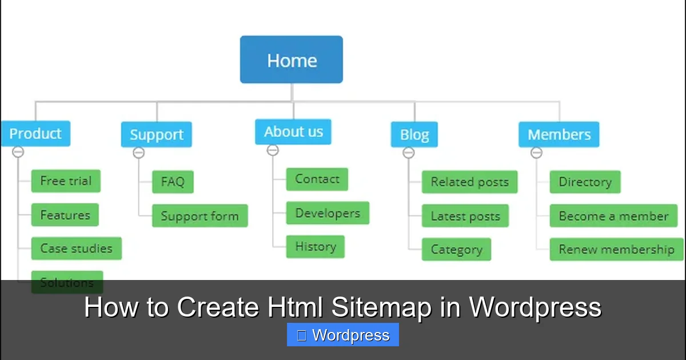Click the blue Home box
tap(292, 60)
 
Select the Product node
tap(35, 134)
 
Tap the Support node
tap(156, 135)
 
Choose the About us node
tap(293, 132)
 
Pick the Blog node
tap(414, 135)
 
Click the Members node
tap(559, 135)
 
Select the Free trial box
tap(66, 181)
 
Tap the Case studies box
tap(76, 249)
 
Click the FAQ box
tap(173, 182)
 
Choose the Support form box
tap(200, 216)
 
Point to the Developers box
tap(328, 213)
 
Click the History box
tap(315, 247)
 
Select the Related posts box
tap(469, 182)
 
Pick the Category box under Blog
tap(456, 250)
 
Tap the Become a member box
tap(613, 216)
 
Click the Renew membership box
tap(616, 250)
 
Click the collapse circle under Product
tap(18, 152)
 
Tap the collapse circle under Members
tap(536, 153)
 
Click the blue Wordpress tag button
tap(343, 335)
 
